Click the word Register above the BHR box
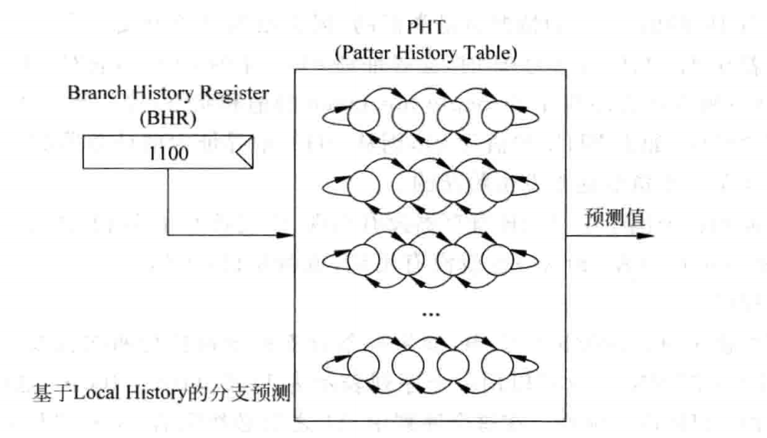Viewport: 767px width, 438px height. tap(241, 93)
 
